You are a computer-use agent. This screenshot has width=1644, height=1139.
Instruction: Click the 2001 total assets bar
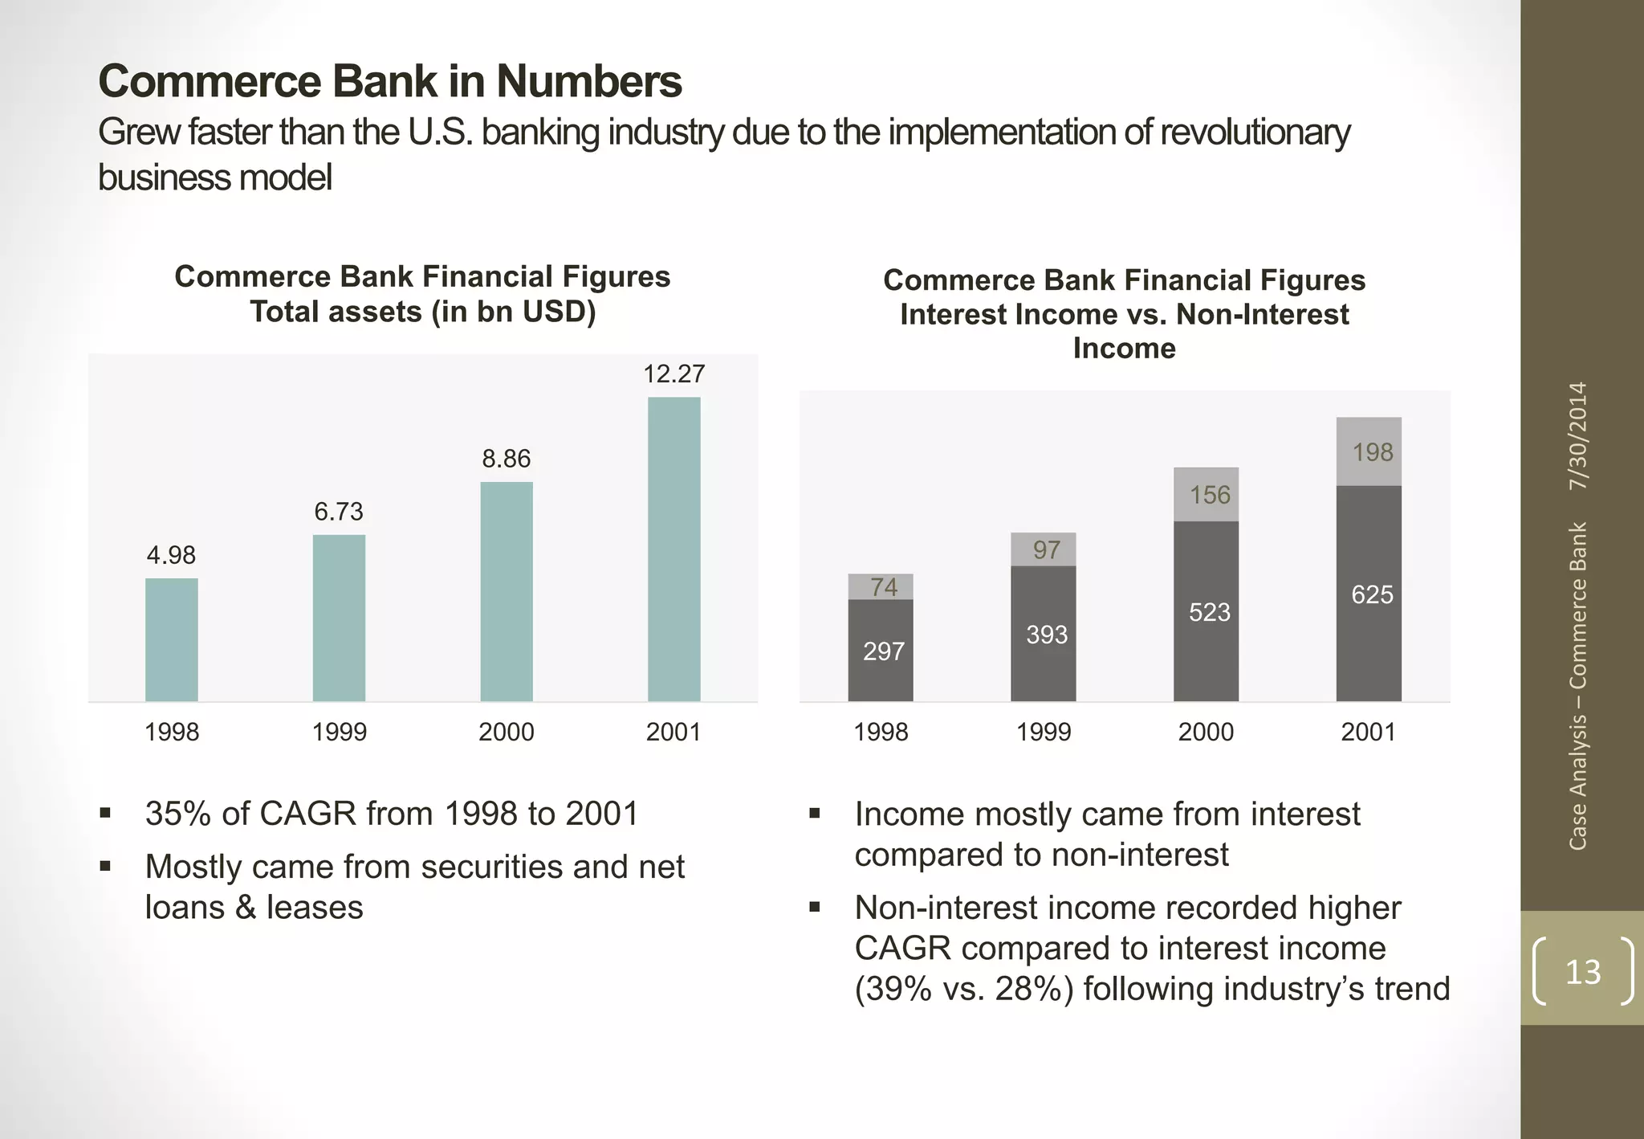673,549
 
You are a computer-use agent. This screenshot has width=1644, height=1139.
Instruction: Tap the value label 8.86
506,459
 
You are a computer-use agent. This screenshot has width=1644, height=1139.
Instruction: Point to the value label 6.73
338,512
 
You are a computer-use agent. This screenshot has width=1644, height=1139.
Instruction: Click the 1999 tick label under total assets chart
339,732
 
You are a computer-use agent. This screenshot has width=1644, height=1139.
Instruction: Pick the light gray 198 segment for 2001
1369,451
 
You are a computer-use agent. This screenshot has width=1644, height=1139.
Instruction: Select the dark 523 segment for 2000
1206,612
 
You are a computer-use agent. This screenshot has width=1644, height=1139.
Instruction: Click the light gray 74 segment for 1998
881,586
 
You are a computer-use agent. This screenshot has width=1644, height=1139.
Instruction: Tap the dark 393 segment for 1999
1043,634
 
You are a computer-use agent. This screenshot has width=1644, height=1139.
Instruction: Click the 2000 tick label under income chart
1206,732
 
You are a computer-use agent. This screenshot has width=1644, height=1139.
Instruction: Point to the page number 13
1582,972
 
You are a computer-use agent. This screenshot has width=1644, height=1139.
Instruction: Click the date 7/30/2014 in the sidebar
1578,436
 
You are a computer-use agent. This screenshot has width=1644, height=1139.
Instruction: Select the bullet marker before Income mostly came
815,814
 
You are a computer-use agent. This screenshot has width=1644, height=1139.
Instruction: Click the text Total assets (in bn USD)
422,312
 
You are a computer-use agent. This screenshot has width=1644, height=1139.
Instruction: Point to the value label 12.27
673,374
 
